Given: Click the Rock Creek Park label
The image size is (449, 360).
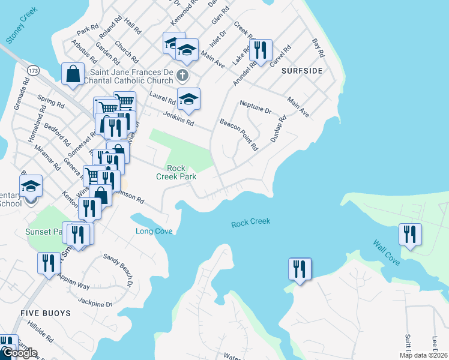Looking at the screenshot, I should [x=175, y=172].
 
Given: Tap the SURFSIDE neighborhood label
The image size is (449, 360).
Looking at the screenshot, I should [x=302, y=71].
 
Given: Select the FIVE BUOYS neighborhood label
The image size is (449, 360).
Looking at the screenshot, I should [x=46, y=313].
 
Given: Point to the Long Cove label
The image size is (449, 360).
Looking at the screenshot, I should [x=154, y=231].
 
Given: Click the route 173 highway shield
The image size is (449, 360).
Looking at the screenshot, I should [x=34, y=71].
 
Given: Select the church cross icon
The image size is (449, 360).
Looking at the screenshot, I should [x=183, y=75].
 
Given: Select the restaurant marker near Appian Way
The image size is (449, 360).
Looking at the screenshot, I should [x=49, y=262].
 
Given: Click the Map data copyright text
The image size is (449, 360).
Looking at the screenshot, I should [x=423, y=355].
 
